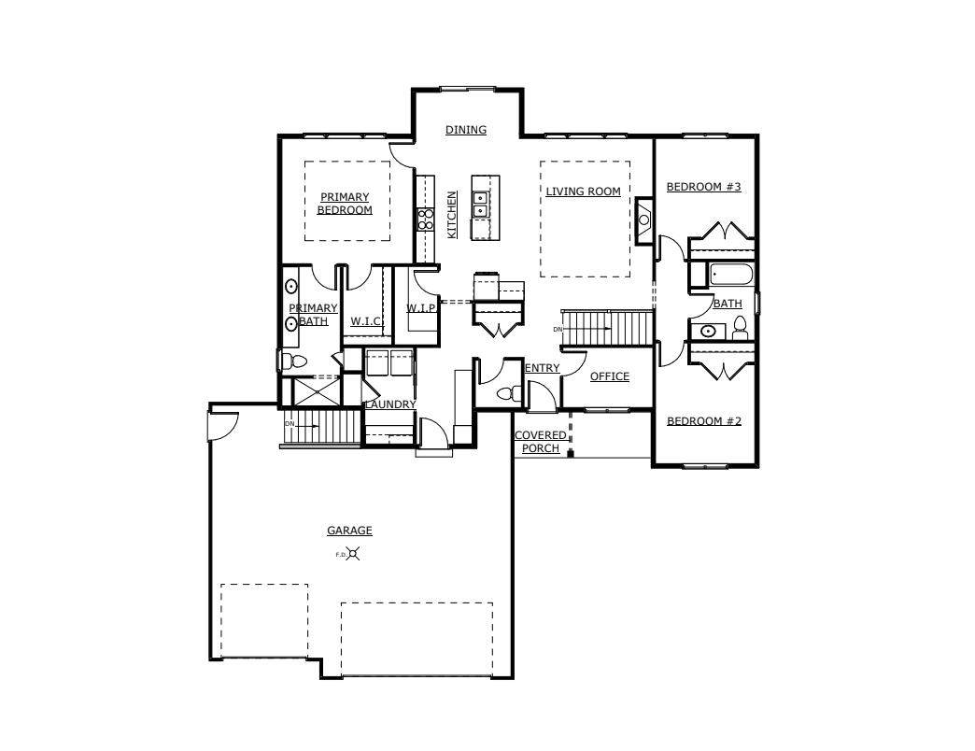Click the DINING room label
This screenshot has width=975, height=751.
click(466, 130)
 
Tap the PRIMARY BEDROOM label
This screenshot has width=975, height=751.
click(345, 204)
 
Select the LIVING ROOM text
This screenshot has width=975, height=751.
click(584, 191)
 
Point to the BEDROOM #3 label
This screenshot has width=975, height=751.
click(704, 187)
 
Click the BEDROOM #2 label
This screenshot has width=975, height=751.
click(704, 421)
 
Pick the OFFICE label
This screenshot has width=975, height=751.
click(609, 376)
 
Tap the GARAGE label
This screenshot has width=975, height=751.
click(349, 531)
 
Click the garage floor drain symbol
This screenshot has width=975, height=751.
click(353, 553)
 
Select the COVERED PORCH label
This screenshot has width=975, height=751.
click(541, 442)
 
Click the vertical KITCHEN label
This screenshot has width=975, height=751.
click(452, 214)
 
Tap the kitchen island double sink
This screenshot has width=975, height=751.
click(480, 205)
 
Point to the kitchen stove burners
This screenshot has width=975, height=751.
click(425, 220)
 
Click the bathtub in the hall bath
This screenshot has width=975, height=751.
click(731, 275)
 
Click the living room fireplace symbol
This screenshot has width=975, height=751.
click(644, 220)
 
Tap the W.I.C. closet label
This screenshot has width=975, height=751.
click(366, 320)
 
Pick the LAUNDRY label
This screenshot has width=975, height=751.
click(390, 404)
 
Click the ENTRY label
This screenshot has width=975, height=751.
click(543, 368)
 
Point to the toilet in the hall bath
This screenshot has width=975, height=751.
click(740, 328)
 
